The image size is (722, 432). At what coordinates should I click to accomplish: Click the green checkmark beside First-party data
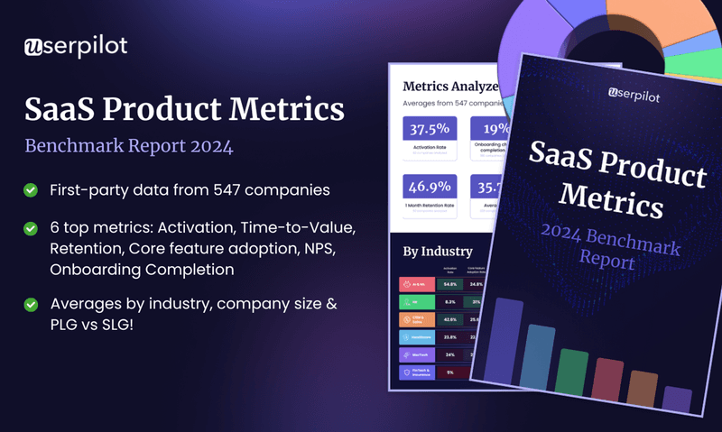(x=31, y=189)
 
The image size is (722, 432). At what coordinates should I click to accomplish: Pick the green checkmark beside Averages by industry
(x=31, y=304)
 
